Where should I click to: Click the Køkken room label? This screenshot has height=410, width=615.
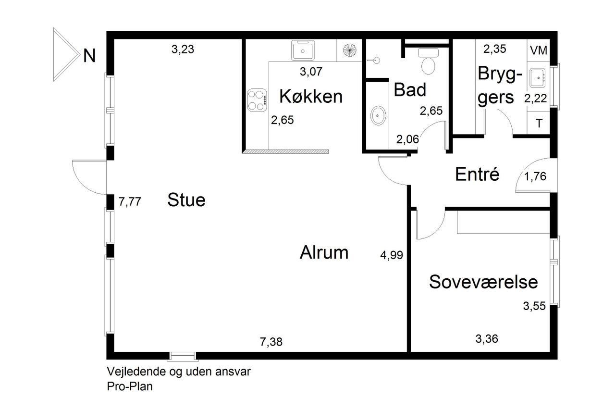(311, 97)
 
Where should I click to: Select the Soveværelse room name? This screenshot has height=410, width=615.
(483, 282)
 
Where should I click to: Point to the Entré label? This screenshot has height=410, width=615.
(477, 174)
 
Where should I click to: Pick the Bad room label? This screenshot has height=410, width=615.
(410, 89)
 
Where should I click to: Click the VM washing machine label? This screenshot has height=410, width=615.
(539, 50)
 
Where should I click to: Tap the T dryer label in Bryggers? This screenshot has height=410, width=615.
(539, 124)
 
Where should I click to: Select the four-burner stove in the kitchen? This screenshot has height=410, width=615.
(257, 100)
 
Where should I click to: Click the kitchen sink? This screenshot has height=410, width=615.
(303, 50)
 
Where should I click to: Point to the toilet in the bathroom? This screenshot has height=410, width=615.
(428, 61)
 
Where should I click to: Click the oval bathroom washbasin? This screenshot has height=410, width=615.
(378, 116)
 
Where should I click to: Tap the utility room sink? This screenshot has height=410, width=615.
(537, 78)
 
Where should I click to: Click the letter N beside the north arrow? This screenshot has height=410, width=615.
(89, 56)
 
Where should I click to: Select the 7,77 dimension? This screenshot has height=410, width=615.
(130, 201)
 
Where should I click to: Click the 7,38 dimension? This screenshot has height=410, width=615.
(271, 342)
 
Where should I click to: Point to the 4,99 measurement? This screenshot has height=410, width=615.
(392, 255)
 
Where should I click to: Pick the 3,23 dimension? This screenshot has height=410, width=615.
(183, 50)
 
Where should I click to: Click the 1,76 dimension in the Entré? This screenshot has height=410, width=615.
(535, 176)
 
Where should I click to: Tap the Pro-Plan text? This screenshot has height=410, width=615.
(130, 386)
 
